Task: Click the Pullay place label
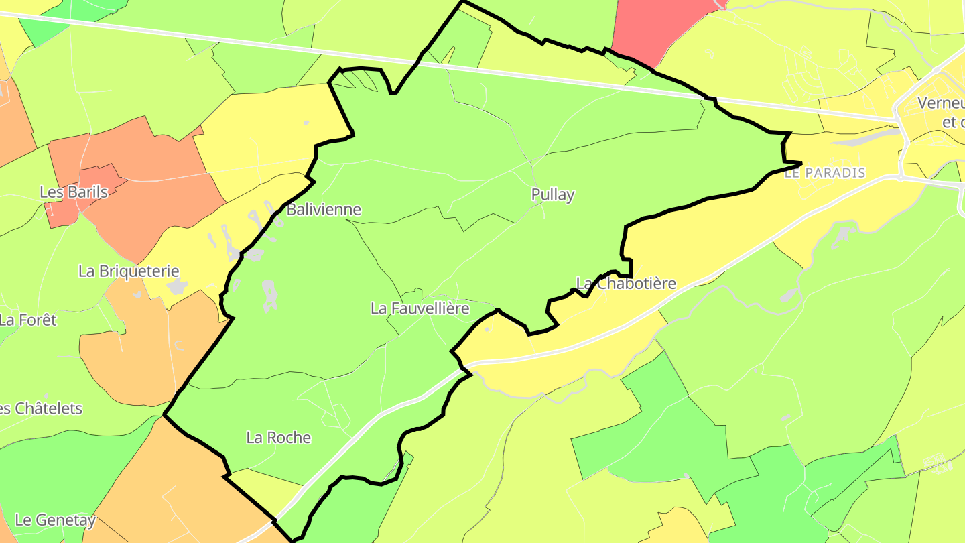553,195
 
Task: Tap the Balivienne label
324,210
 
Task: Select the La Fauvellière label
420,308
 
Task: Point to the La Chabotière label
626,284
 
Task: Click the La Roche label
279,438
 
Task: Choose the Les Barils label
74,192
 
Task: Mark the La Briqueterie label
129,271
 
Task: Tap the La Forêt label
28,320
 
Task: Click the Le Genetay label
56,520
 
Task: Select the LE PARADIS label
825,173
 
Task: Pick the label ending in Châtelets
41,408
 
